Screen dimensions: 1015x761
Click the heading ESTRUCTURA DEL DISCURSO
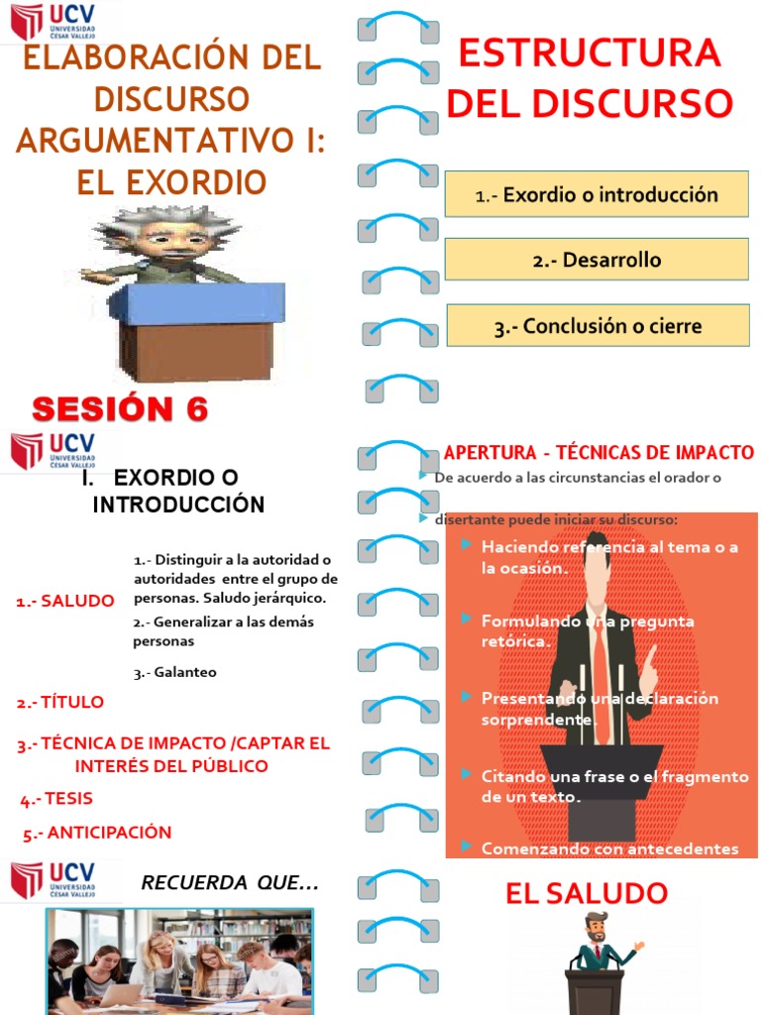(589, 77)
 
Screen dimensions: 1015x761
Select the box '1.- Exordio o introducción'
(597, 194)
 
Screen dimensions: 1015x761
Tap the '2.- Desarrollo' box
(597, 261)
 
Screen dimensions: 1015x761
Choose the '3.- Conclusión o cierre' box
(598, 326)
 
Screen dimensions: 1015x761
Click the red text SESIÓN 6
(120, 408)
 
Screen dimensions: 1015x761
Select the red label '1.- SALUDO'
(64, 601)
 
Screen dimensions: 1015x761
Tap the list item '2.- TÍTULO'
(59, 702)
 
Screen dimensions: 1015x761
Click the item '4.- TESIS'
(56, 798)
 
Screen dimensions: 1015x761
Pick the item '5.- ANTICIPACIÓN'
(97, 833)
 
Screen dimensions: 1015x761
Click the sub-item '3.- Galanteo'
(174, 672)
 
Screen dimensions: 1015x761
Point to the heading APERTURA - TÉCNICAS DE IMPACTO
(598, 453)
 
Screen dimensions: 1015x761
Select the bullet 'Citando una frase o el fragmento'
(614, 776)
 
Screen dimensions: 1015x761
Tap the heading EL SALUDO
(587, 893)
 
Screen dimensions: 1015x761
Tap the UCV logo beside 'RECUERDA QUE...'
(54, 879)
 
